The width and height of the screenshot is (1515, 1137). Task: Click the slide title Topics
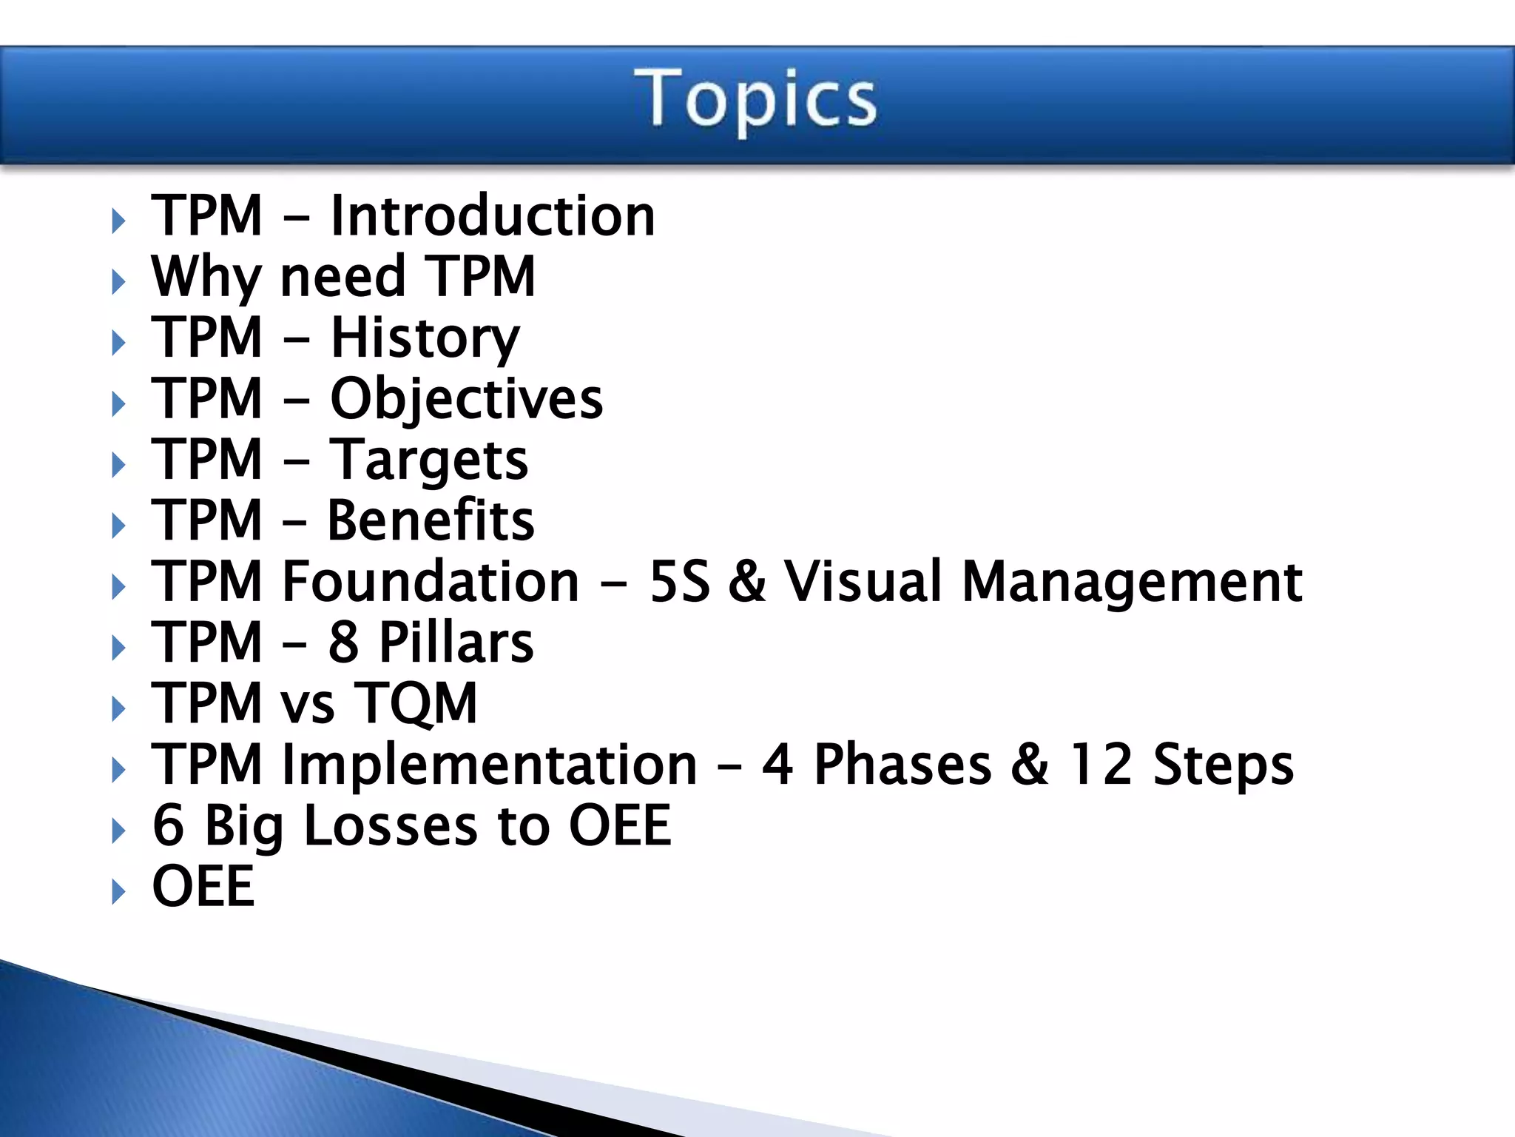tap(755, 100)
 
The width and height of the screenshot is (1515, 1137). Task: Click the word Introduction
tap(493, 215)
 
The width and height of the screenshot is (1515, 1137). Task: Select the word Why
tap(206, 277)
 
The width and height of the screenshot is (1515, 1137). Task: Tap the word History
tap(425, 338)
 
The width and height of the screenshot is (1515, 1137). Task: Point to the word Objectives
tap(466, 400)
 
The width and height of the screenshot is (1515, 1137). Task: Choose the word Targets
tap(429, 460)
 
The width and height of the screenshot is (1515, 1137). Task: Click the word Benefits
tap(431, 520)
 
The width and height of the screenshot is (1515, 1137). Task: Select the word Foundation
tap(431, 582)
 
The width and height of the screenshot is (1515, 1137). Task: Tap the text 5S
tap(679, 582)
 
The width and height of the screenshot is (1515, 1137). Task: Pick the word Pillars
tap(456, 643)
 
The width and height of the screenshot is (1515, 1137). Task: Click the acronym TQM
tap(416, 703)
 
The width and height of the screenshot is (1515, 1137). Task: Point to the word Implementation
tap(489, 765)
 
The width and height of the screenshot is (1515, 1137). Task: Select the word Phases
tap(902, 765)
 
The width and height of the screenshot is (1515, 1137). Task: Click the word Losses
tap(391, 826)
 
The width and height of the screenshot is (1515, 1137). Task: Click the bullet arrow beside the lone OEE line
tap(118, 892)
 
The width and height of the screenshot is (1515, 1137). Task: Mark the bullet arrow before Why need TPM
tap(118, 282)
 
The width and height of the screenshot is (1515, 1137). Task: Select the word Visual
tap(863, 582)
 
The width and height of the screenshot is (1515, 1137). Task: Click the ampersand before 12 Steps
tap(1029, 765)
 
